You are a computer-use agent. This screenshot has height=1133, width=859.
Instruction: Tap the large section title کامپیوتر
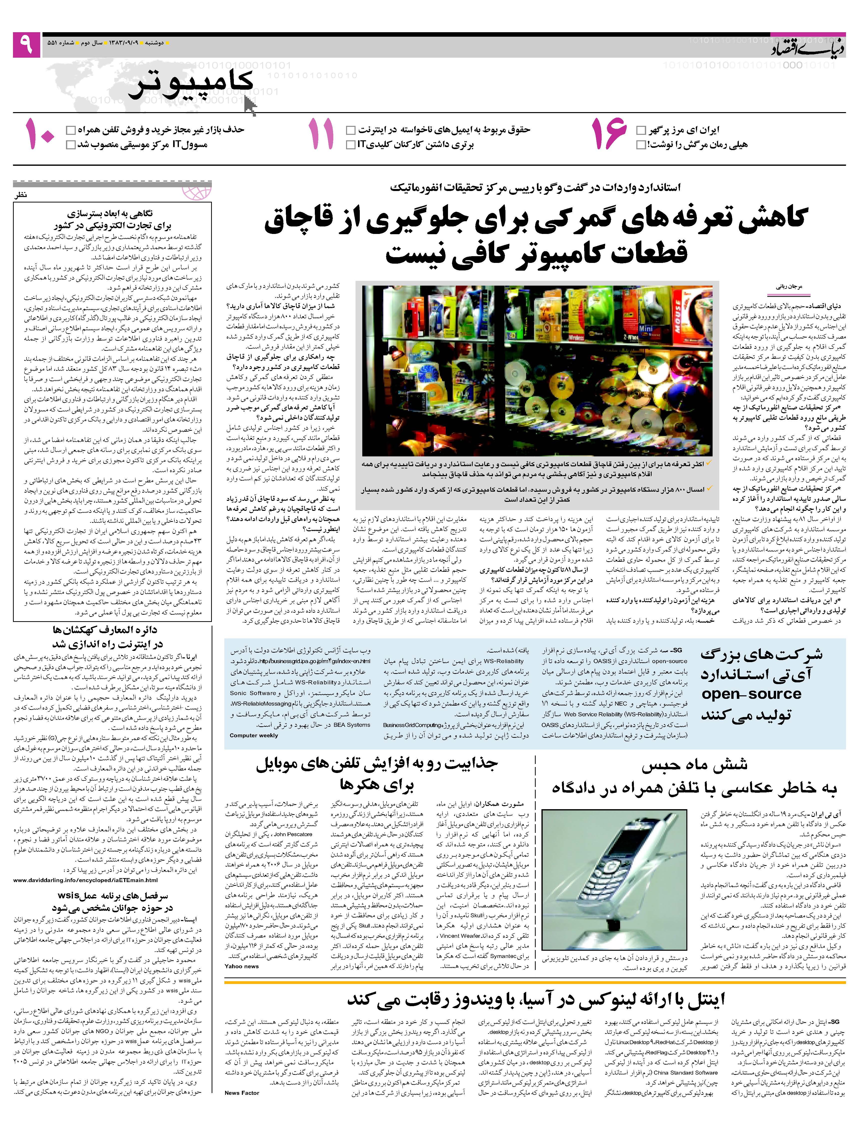[190, 85]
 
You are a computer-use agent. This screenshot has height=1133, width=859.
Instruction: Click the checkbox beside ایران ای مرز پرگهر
[641, 130]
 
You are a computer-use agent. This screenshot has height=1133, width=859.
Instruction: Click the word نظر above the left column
[20, 195]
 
